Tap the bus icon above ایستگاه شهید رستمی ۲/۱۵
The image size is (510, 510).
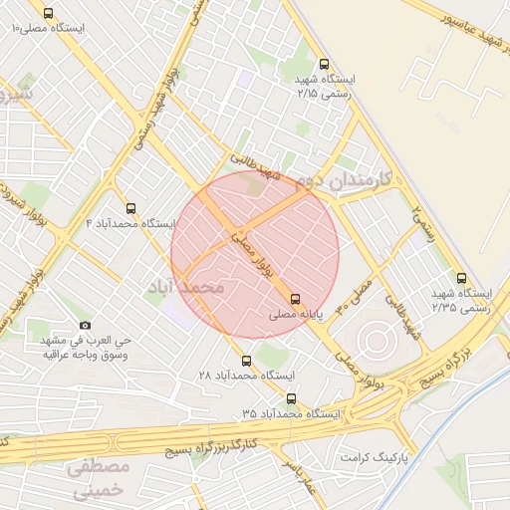[322, 62]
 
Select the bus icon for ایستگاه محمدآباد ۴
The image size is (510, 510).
[130, 208]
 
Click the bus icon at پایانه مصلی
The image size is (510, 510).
[295, 298]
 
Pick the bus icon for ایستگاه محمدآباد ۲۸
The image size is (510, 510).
[246, 361]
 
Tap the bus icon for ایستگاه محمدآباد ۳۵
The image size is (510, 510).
[290, 397]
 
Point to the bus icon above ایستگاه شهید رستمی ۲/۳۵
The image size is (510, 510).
[460, 278]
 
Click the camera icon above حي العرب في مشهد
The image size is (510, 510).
[85, 326]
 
